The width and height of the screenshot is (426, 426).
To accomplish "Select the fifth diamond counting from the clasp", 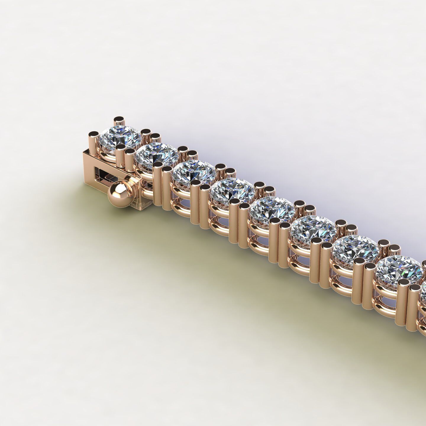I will (x=272, y=207).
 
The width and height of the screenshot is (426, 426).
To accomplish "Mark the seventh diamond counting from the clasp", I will (x=355, y=246).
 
